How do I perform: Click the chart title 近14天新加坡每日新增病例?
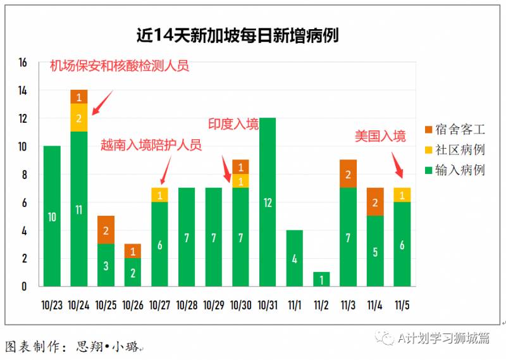[x=237, y=35]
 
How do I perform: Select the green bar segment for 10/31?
[x=268, y=202]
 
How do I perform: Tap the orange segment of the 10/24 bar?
[x=78, y=97]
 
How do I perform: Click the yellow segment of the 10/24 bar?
[x=78, y=118]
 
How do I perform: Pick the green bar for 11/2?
[x=322, y=279]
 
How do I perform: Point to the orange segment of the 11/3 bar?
[x=348, y=174]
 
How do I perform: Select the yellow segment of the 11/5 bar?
[x=402, y=195]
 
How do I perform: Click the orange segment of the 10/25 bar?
[x=106, y=230]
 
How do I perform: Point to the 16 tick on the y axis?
[x=23, y=63]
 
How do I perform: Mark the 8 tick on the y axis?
[x=23, y=175]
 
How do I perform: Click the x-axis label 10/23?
[x=52, y=305]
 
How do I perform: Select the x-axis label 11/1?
[x=295, y=305]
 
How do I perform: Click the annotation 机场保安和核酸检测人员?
[x=120, y=66]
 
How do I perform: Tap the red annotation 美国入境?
[x=379, y=135]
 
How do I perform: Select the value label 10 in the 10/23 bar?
[x=52, y=217]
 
